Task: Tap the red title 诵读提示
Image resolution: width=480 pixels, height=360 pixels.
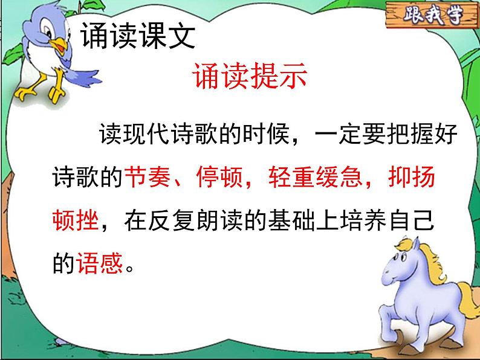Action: point(250,77)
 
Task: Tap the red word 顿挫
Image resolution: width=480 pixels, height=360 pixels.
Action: point(76,221)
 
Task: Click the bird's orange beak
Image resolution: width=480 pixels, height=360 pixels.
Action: point(60,44)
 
